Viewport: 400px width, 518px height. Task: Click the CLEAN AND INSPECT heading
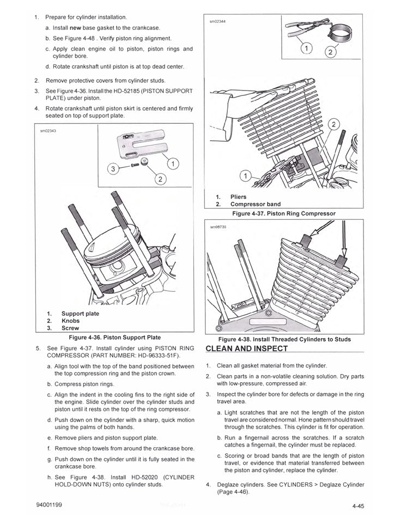(x=246, y=348)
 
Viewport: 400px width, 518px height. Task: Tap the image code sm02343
(x=48, y=131)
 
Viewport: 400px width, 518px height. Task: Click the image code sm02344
(x=217, y=21)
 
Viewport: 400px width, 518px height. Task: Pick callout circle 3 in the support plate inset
(x=113, y=169)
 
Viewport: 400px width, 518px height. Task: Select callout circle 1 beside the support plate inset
(x=173, y=162)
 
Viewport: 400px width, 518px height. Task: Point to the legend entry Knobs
(x=70, y=321)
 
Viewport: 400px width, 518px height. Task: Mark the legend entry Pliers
(x=239, y=197)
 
